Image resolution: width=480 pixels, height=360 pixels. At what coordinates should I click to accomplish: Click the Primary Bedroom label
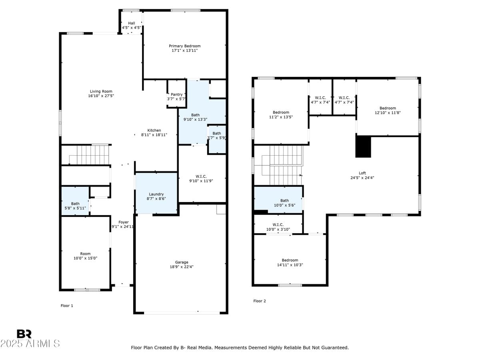pyautogui.click(x=184, y=46)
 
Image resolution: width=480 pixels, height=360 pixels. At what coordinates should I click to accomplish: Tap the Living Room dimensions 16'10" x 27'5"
pyautogui.click(x=101, y=96)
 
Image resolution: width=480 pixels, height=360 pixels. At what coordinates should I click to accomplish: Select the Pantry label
pyautogui.click(x=176, y=94)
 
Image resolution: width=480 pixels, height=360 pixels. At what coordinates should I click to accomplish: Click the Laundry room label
pyautogui.click(x=156, y=194)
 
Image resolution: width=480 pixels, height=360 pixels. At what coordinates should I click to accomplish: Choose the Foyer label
pyautogui.click(x=123, y=222)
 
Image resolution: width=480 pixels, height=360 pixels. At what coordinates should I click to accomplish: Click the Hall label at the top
pyautogui.click(x=132, y=23)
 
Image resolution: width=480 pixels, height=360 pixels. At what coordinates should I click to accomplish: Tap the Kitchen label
pyautogui.click(x=154, y=130)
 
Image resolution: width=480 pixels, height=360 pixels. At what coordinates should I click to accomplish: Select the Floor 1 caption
pyautogui.click(x=67, y=306)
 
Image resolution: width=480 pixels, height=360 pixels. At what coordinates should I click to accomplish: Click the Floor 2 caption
pyautogui.click(x=259, y=301)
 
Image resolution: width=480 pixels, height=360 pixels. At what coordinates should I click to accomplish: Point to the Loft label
pyautogui.click(x=362, y=173)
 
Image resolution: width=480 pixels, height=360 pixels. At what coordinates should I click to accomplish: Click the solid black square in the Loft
pyautogui.click(x=363, y=146)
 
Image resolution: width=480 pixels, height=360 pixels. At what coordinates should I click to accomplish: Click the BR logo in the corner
pyautogui.click(x=24, y=334)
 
